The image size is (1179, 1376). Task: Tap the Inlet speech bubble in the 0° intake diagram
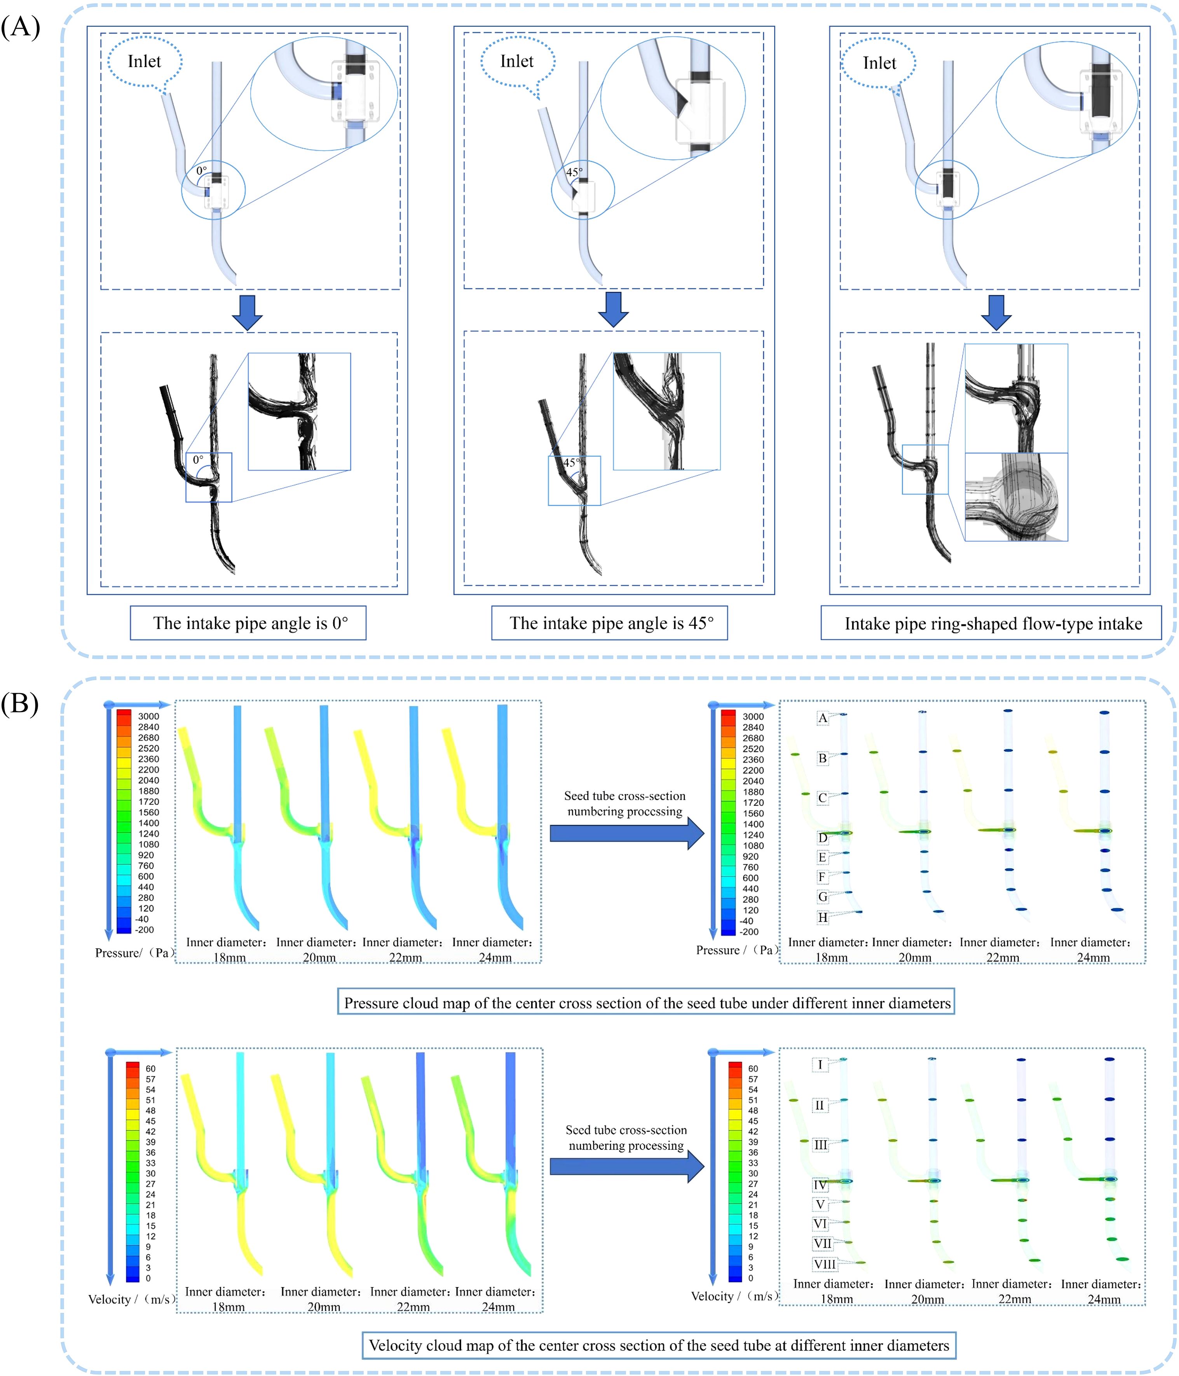[144, 62]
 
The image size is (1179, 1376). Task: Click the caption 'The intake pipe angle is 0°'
[248, 623]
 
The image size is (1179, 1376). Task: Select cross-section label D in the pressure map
[822, 838]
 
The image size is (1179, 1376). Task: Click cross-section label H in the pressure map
[822, 918]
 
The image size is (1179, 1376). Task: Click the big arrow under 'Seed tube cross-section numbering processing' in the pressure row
[626, 833]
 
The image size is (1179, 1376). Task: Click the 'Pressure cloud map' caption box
[645, 1003]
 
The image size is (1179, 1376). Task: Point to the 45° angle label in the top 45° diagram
[574, 172]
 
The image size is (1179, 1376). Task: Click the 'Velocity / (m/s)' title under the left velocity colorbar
[131, 1299]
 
